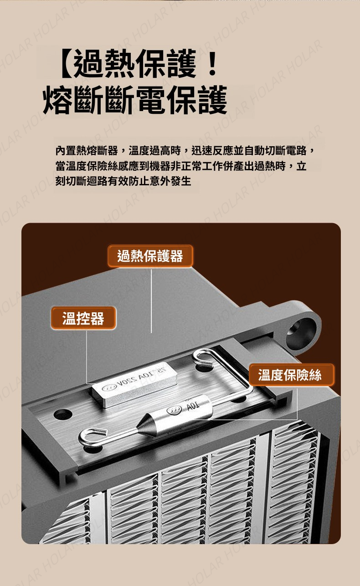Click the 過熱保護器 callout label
tap(150, 256)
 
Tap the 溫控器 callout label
tap(83, 318)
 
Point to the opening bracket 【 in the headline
tap(66, 64)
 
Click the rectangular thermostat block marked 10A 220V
tap(133, 384)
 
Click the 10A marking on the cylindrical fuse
tap(192, 406)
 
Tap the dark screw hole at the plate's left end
tap(63, 413)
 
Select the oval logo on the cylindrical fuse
tap(175, 410)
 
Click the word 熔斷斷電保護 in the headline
tap(135, 100)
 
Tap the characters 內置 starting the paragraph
tap(66, 150)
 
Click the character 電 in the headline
tap(152, 100)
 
